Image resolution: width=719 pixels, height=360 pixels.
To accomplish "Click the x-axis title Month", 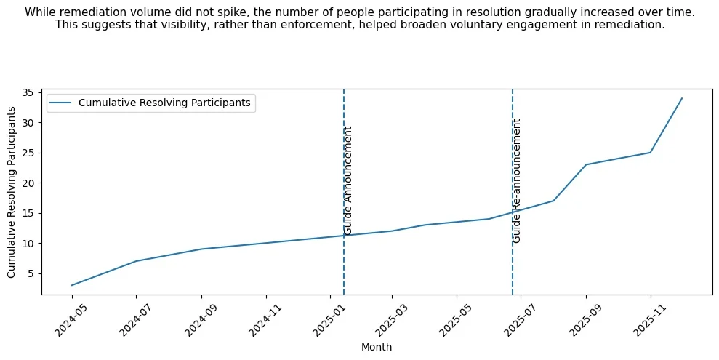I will click(x=377, y=348).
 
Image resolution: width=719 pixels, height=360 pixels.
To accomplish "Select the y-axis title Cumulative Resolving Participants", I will click(x=12, y=192).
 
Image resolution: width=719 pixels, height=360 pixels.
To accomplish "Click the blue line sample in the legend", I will click(x=61, y=103).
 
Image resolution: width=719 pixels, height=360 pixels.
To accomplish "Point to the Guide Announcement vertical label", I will click(x=348, y=180).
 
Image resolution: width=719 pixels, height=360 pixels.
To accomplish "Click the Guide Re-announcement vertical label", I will click(x=517, y=180).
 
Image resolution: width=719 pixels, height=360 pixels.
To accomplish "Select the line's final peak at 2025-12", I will click(x=681, y=98).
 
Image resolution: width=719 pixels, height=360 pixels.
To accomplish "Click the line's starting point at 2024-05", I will click(x=72, y=285).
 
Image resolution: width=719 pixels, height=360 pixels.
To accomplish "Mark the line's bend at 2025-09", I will click(x=585, y=164).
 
